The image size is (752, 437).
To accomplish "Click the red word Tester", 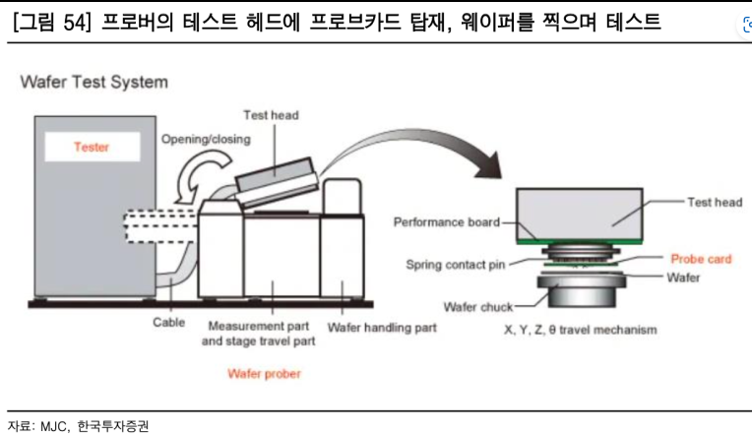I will (92, 147).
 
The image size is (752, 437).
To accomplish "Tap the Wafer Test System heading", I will (94, 82).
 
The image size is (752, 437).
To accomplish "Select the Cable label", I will (169, 322).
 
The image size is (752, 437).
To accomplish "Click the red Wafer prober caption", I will (265, 373).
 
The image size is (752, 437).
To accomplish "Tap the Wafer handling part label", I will (382, 326).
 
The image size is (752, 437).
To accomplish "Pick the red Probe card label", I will (702, 259).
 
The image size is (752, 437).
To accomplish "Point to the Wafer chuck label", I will (477, 306).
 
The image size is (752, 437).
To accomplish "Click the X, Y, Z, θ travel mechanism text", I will (580, 329).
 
